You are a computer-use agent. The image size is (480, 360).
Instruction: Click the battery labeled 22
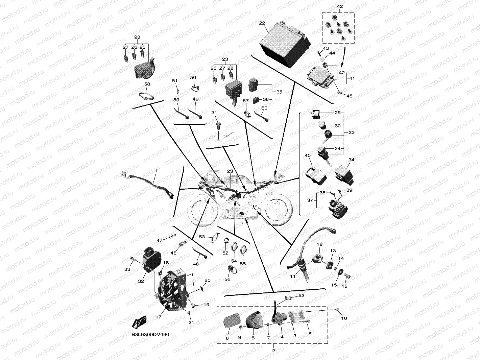tap(285, 45)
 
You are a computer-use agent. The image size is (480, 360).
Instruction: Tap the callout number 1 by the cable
tap(157, 171)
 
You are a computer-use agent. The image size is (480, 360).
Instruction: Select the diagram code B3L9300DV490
tap(150, 335)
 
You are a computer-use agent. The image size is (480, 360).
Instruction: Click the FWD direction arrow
tap(139, 322)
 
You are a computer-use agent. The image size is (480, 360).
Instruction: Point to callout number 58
tap(147, 84)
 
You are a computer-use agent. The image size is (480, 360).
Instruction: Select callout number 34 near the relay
tap(351, 160)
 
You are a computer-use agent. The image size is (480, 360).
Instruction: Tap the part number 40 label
tap(308, 155)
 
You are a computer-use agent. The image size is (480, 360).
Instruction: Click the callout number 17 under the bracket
tap(158, 317)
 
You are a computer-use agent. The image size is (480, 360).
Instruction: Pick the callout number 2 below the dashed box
tap(273, 351)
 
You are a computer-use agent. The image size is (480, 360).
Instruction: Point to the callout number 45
tap(350, 96)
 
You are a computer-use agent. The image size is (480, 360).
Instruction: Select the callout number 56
tap(227, 279)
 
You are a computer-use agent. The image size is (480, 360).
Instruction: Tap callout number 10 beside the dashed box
tap(344, 318)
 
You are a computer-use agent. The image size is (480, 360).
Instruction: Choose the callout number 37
tap(310, 200)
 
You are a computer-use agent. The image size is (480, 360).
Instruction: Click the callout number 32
tap(141, 281)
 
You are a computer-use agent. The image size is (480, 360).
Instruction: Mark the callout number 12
tap(319, 244)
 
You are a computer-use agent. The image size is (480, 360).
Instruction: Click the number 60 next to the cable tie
tap(264, 108)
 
